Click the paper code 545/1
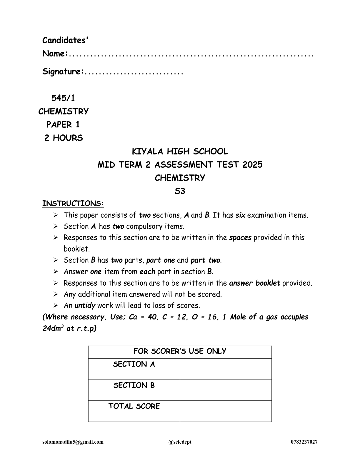click(63, 98)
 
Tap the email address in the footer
click(73, 442)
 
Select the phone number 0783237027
click(304, 442)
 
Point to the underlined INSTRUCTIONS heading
click(73, 204)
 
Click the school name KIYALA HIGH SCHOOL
click(180, 152)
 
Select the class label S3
click(180, 191)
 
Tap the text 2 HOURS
click(64, 138)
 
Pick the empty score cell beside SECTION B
click(226, 390)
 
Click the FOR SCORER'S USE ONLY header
click(180, 351)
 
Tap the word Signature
click(61, 71)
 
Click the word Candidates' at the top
click(65, 40)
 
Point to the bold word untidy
click(85, 305)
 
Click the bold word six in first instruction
click(240, 215)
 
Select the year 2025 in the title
click(252, 164)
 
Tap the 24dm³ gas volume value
click(53, 328)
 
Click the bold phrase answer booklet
click(254, 283)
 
